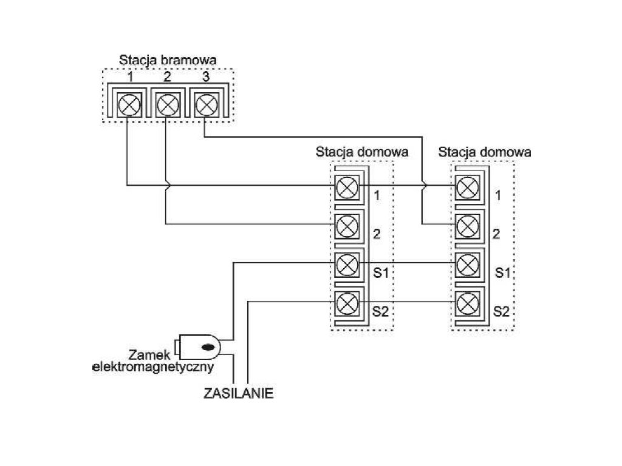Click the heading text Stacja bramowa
(168, 60)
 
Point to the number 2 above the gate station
(167, 78)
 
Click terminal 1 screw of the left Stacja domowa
(346, 186)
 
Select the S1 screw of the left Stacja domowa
(346, 264)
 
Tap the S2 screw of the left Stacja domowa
(346, 302)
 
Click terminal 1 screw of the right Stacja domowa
(467, 186)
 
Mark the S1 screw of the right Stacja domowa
(467, 264)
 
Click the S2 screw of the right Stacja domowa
(467, 302)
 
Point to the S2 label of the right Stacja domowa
(501, 312)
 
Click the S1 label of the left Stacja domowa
(380, 273)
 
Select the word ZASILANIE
(238, 393)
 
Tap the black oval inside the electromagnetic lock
(208, 348)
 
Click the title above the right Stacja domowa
(484, 152)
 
